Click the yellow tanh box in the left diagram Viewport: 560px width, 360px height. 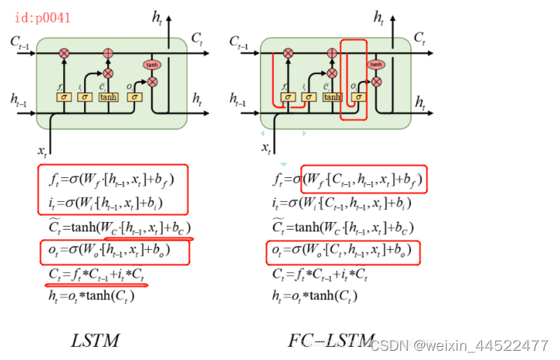108,96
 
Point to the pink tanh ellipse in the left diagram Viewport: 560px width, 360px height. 152,65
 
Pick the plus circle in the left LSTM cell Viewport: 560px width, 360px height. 108,53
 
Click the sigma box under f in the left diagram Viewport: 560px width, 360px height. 64,96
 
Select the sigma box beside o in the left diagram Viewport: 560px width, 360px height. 136,96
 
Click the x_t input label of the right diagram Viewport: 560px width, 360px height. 267,147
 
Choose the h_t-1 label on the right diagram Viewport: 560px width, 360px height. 239,99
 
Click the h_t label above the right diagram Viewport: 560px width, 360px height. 379,15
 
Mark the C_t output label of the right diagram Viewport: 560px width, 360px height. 420,37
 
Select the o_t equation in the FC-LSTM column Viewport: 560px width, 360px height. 339,251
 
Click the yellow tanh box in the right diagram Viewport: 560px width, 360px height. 332,96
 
